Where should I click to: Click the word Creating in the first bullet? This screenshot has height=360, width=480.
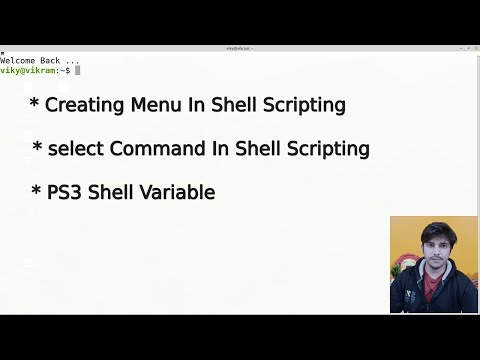(x=83, y=105)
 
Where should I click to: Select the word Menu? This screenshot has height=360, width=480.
(x=150, y=105)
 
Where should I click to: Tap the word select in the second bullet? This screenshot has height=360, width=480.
(x=76, y=149)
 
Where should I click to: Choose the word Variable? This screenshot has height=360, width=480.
(x=180, y=192)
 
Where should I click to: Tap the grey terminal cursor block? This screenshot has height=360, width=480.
(x=77, y=70)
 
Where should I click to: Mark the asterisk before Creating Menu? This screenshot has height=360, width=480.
(x=35, y=104)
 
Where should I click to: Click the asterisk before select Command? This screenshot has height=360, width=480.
(x=38, y=148)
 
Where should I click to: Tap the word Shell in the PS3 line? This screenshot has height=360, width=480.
(x=113, y=192)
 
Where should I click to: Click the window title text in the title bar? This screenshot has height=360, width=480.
(x=240, y=48)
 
